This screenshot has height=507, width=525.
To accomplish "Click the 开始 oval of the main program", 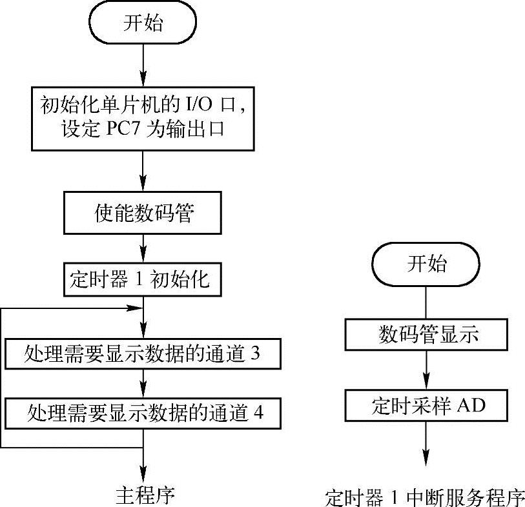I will pyautogui.click(x=143, y=25).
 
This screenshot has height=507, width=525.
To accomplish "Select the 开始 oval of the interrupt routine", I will pyautogui.click(x=426, y=264).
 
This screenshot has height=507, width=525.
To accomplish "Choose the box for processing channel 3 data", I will pyautogui.click(x=143, y=353).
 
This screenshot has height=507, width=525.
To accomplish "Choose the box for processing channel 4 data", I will pyautogui.click(x=143, y=411).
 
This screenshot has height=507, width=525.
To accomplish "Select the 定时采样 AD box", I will pyautogui.click(x=426, y=405).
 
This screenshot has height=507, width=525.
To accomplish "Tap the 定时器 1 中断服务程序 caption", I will pyautogui.click(x=426, y=498).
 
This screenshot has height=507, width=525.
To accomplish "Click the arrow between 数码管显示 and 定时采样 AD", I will pyautogui.click(x=426, y=370).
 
